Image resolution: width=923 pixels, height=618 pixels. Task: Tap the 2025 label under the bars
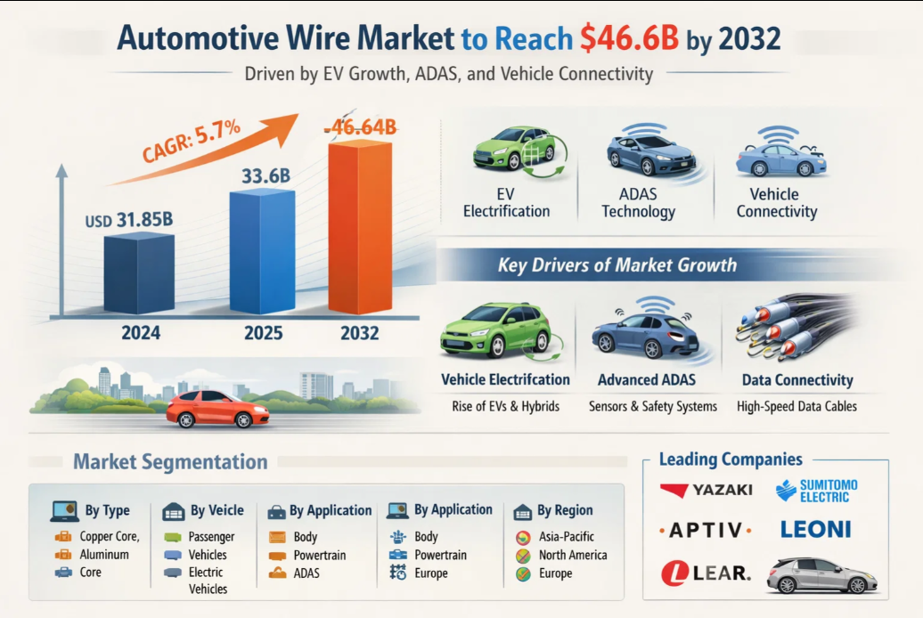pos(263,334)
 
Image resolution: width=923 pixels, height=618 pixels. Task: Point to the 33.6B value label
pos(265,176)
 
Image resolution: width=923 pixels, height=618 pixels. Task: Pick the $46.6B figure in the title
pos(628,38)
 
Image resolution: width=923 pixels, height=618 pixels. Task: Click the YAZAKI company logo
pos(707,490)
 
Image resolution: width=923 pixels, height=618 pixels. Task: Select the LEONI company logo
pos(815,529)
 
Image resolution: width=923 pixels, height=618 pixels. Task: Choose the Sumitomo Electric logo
pos(816,491)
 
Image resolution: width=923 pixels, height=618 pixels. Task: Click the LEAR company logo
pos(707,572)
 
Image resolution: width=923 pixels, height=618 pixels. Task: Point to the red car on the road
pos(218,408)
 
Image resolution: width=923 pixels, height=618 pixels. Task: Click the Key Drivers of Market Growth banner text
pos(617,264)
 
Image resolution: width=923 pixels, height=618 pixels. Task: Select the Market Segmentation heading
pos(170,462)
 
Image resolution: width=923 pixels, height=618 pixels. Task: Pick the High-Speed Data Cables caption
pos(796,406)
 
